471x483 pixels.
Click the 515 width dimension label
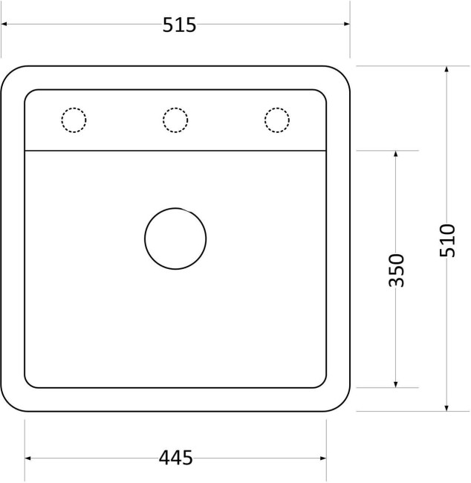pyautogui.click(x=179, y=25)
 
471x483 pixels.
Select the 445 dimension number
pyautogui.click(x=175, y=458)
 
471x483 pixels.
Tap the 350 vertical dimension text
pyautogui.click(x=396, y=270)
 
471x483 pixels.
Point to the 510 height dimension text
pyautogui.click(x=447, y=240)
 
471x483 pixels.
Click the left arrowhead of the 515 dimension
pyautogui.click(x=4, y=24)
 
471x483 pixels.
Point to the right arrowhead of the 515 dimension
pyautogui.click(x=347, y=24)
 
